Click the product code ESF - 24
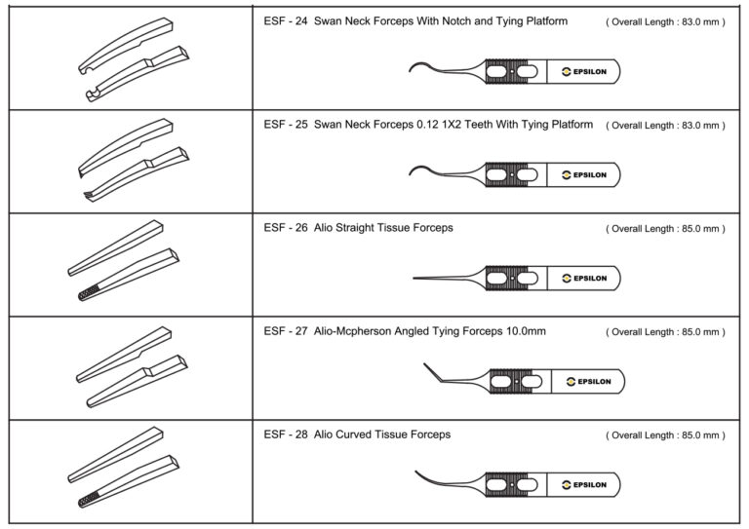click(x=285, y=20)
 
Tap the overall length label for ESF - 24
click(x=665, y=21)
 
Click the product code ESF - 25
click(x=285, y=125)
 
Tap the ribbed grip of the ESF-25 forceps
click(x=511, y=174)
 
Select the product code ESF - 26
click(x=285, y=228)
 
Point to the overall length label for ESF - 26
click(x=665, y=229)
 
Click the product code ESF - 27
click(x=285, y=331)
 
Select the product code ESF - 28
click(x=285, y=435)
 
